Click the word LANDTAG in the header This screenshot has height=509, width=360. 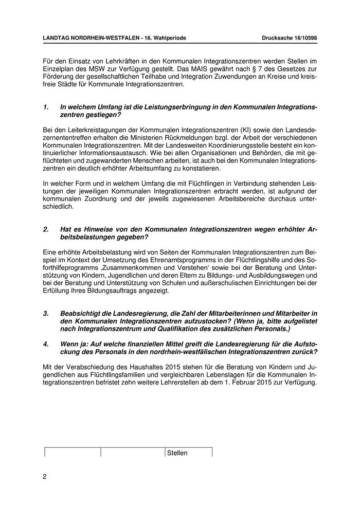coord(58,38)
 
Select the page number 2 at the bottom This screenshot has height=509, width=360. coord(45,477)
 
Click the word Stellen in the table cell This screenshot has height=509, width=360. coord(177,453)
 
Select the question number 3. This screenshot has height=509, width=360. coord(45,313)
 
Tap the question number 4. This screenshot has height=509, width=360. coord(45,344)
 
